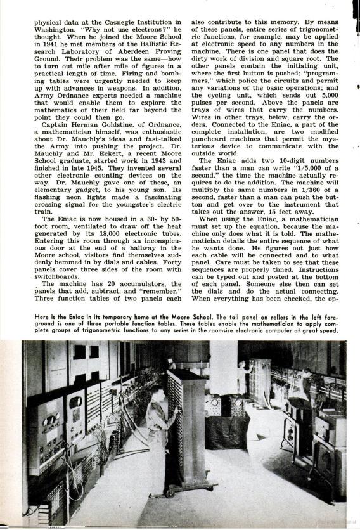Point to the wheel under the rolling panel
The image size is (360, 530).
pos(170,491)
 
